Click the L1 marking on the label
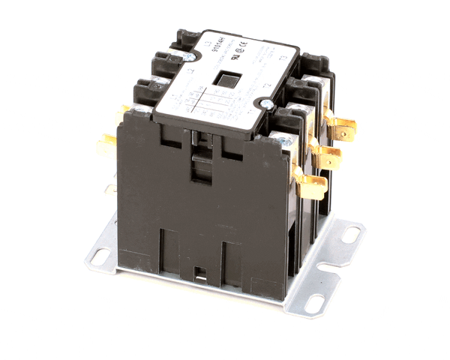click(x=173, y=97)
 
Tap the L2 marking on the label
click(x=190, y=70)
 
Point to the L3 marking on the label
click(x=206, y=43)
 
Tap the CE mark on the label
click(x=244, y=45)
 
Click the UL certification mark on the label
click(x=234, y=56)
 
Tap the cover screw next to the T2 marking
click(x=266, y=103)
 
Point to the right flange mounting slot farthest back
click(x=350, y=235)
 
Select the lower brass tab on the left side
click(x=107, y=143)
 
